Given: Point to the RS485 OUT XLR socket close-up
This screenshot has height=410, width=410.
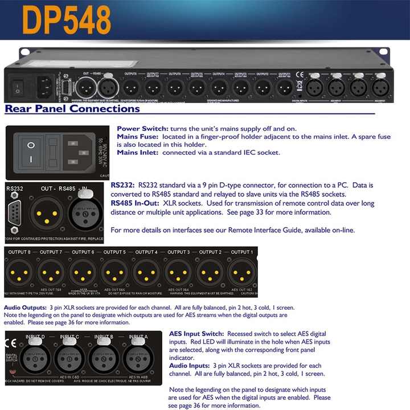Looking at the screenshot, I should [x=45, y=212].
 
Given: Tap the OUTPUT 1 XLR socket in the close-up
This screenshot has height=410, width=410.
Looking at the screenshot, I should [x=240, y=272].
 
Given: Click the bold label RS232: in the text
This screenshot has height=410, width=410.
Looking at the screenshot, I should [x=123, y=185].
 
